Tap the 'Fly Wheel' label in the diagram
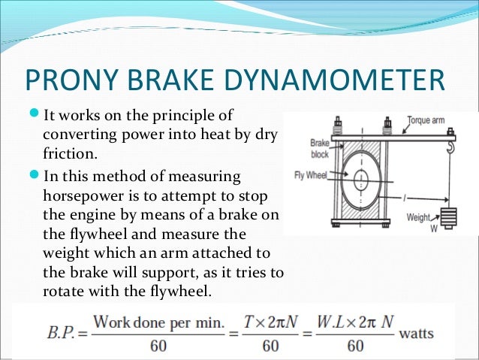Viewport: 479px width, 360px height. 310,178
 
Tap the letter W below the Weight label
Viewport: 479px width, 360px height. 433,228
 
